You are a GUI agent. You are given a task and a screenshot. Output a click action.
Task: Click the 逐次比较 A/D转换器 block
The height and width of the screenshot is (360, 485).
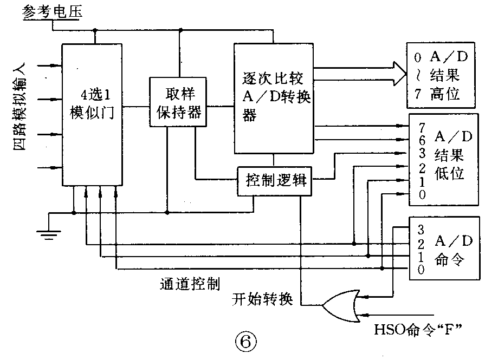(x=274, y=97)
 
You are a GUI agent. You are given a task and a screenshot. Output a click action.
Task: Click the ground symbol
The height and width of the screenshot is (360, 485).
(x=49, y=233)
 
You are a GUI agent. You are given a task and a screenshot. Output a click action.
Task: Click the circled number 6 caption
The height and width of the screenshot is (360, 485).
(x=244, y=341)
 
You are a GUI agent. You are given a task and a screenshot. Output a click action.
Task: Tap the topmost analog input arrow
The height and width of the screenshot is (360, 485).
(x=49, y=65)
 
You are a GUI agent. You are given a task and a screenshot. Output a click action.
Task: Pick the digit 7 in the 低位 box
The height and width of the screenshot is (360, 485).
(x=420, y=127)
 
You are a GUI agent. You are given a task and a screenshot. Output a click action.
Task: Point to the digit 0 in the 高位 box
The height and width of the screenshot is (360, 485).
(x=417, y=57)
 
